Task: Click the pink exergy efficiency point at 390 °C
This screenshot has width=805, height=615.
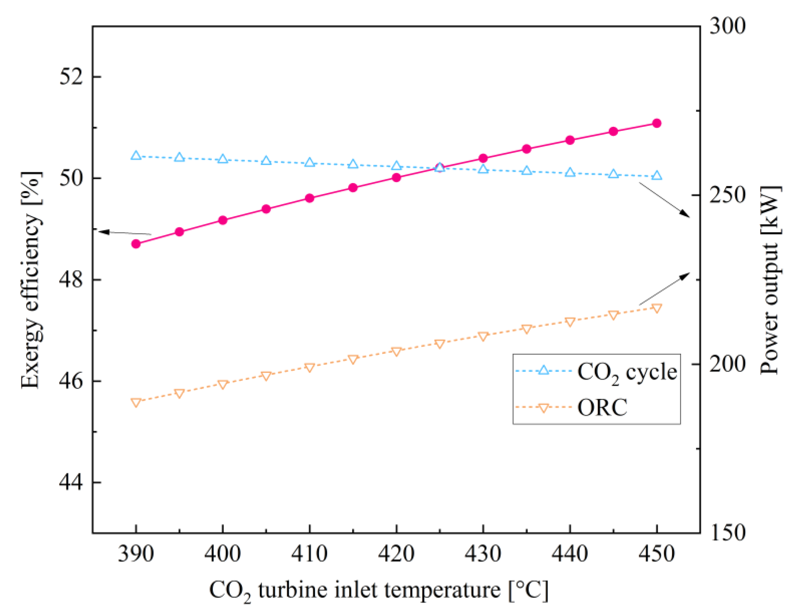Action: point(136,243)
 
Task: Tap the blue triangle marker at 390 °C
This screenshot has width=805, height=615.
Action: point(136,155)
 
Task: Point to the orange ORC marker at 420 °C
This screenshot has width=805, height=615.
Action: point(396,351)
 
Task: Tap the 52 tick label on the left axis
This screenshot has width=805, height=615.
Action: point(71,76)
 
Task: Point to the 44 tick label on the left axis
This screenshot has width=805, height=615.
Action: point(71,482)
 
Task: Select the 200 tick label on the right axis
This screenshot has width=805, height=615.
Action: point(727,364)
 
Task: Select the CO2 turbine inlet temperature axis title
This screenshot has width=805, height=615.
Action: point(379,590)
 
